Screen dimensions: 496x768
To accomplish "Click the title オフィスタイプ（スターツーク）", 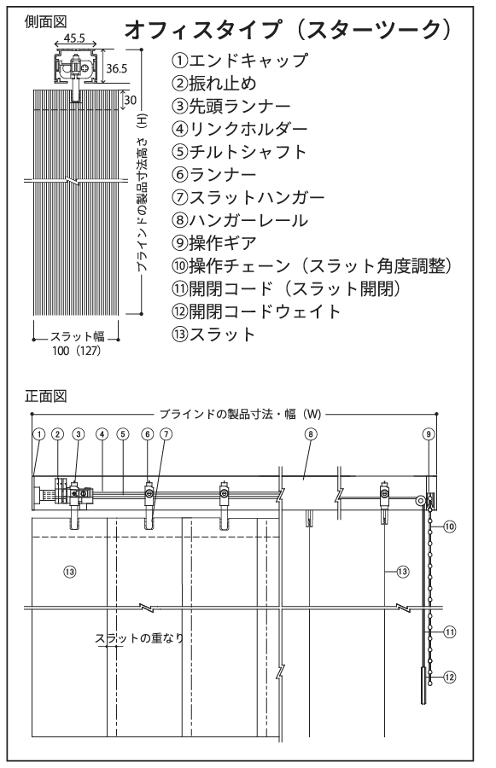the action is pos(287,30).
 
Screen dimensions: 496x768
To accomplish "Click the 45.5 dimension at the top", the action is pos(74,38).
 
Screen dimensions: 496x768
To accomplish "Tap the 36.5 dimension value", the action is pos(117,68).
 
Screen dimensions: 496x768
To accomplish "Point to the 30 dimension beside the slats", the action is pos(131,100).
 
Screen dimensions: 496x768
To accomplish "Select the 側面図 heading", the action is pos(45,21).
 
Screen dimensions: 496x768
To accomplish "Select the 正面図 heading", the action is pos(45,396).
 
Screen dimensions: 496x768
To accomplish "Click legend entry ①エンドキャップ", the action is pos(240,61).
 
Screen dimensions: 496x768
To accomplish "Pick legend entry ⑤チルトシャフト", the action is pos(239,151).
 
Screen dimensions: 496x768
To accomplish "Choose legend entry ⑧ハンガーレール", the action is pos(240,220).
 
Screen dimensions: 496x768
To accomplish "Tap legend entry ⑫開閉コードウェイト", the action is pos(256,311).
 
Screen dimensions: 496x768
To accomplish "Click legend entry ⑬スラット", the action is pos(213,334).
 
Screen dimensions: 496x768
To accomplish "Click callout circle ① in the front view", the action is pos(39,434).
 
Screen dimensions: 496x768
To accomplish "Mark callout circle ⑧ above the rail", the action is pos(311,434).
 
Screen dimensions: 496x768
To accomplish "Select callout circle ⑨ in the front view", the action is pos(429,434).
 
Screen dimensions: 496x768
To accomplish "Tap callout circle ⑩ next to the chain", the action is pos(449,527).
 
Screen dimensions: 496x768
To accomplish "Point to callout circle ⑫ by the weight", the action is pos(449,678).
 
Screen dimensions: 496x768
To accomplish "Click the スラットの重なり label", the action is pos(139,638).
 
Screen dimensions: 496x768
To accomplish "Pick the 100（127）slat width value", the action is pos(76,351).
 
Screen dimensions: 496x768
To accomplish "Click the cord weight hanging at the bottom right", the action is pos(423,685).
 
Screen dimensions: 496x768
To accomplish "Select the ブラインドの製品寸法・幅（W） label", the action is pos(240,414).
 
